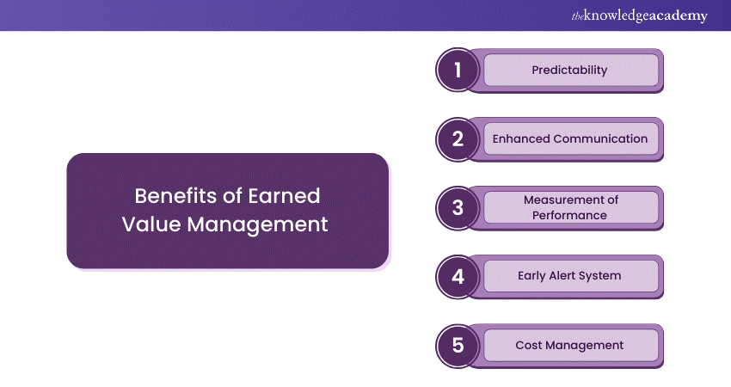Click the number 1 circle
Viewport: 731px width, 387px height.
(458, 71)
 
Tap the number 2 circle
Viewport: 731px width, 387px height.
(458, 139)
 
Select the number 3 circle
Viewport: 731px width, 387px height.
(458, 208)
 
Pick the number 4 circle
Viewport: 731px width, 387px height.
(458, 277)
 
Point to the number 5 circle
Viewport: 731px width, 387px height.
(458, 346)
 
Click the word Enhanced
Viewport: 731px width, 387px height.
(520, 138)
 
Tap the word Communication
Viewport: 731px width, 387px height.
(600, 138)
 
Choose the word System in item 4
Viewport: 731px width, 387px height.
(601, 276)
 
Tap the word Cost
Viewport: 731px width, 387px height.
(530, 345)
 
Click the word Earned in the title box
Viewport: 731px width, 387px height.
(286, 196)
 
